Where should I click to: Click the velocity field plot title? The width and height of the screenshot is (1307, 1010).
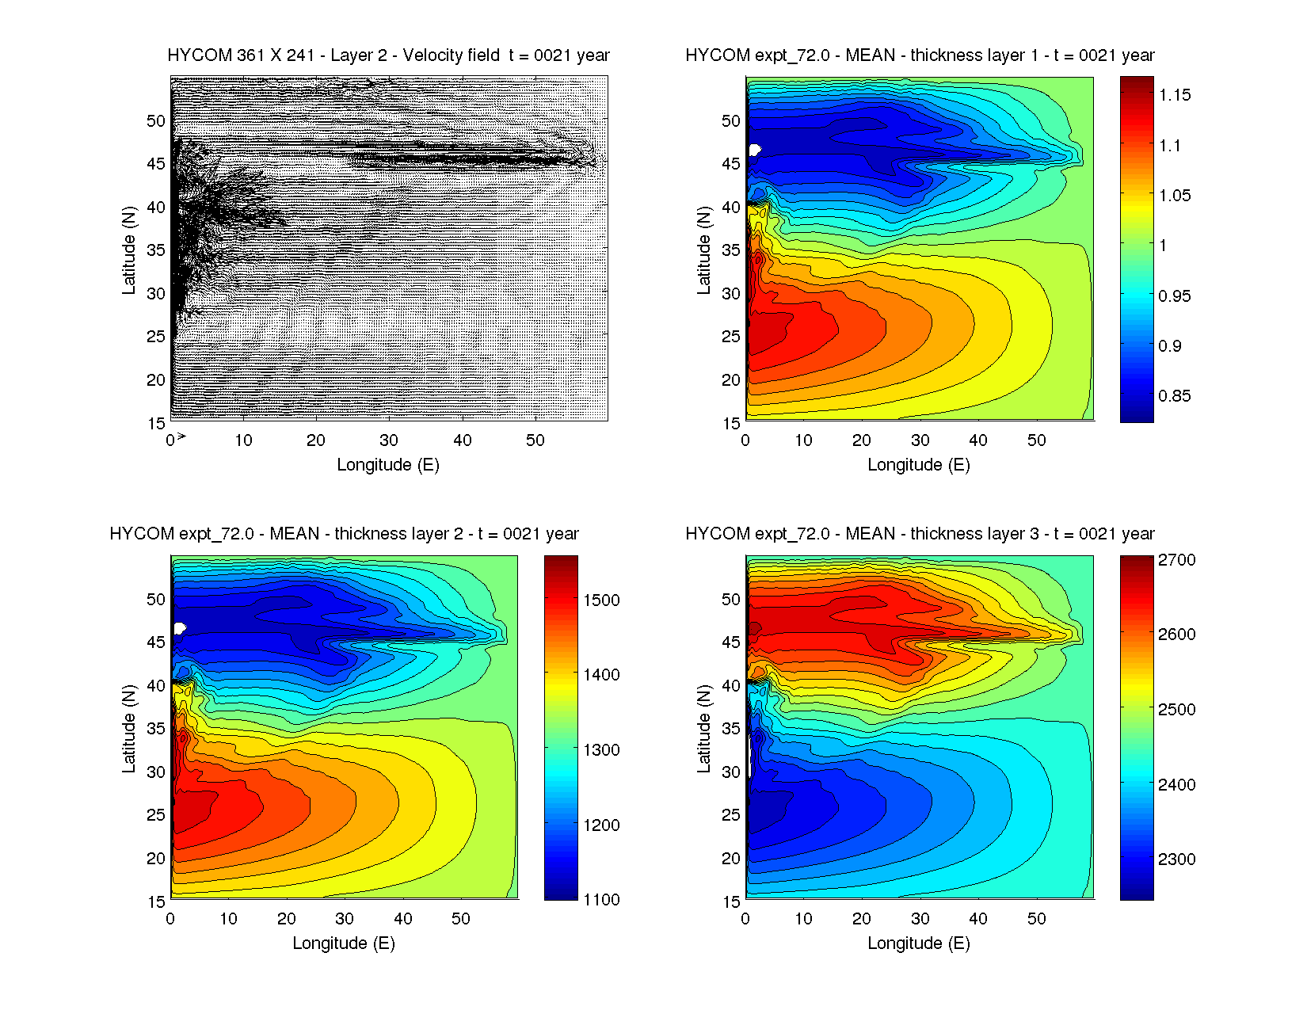tap(388, 55)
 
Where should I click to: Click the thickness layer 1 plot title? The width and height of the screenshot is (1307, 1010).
tap(920, 55)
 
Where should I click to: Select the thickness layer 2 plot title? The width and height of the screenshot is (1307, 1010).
tap(344, 534)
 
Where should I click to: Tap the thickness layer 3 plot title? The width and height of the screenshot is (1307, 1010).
tap(920, 534)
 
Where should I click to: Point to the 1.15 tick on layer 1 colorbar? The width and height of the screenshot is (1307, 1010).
tap(1174, 95)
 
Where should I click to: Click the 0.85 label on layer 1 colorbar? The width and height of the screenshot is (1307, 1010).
tap(1174, 396)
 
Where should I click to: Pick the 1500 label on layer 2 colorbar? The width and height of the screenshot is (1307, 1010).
tap(601, 600)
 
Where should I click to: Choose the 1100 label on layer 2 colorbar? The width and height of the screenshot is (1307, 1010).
tap(601, 900)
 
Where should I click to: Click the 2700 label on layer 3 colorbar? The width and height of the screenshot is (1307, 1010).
tap(1176, 560)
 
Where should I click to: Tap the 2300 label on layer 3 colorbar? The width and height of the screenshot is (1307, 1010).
tap(1176, 859)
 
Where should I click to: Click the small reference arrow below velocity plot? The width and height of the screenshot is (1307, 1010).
tap(181, 436)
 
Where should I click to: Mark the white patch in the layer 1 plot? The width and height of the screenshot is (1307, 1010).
tap(754, 150)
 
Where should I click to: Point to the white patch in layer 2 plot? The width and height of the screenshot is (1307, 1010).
tap(180, 628)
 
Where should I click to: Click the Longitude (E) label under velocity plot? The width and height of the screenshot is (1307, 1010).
tap(388, 465)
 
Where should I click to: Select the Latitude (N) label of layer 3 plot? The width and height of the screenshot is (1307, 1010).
tap(703, 729)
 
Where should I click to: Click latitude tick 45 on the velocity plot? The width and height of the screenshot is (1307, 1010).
tap(156, 164)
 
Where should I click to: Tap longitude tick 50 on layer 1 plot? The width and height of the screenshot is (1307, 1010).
tap(1036, 440)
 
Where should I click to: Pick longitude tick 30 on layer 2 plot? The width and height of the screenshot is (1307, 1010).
tap(345, 919)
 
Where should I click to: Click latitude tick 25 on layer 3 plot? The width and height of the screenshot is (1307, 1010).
tap(731, 815)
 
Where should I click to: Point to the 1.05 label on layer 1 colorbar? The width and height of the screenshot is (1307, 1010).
tap(1174, 196)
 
